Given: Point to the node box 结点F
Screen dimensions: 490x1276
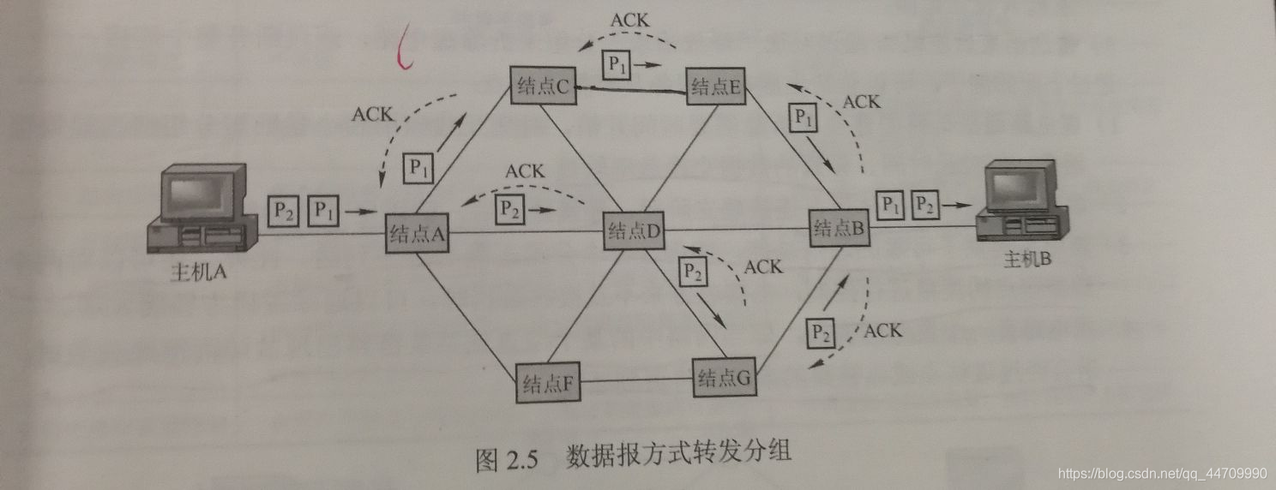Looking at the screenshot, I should [x=549, y=382].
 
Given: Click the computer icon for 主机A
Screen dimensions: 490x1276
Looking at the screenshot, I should [x=202, y=212].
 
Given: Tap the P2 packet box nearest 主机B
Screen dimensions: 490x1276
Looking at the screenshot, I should [x=924, y=204].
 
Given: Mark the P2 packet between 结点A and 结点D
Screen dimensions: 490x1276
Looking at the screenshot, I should [x=509, y=206].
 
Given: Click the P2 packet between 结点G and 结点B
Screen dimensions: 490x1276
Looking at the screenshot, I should [x=822, y=331].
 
